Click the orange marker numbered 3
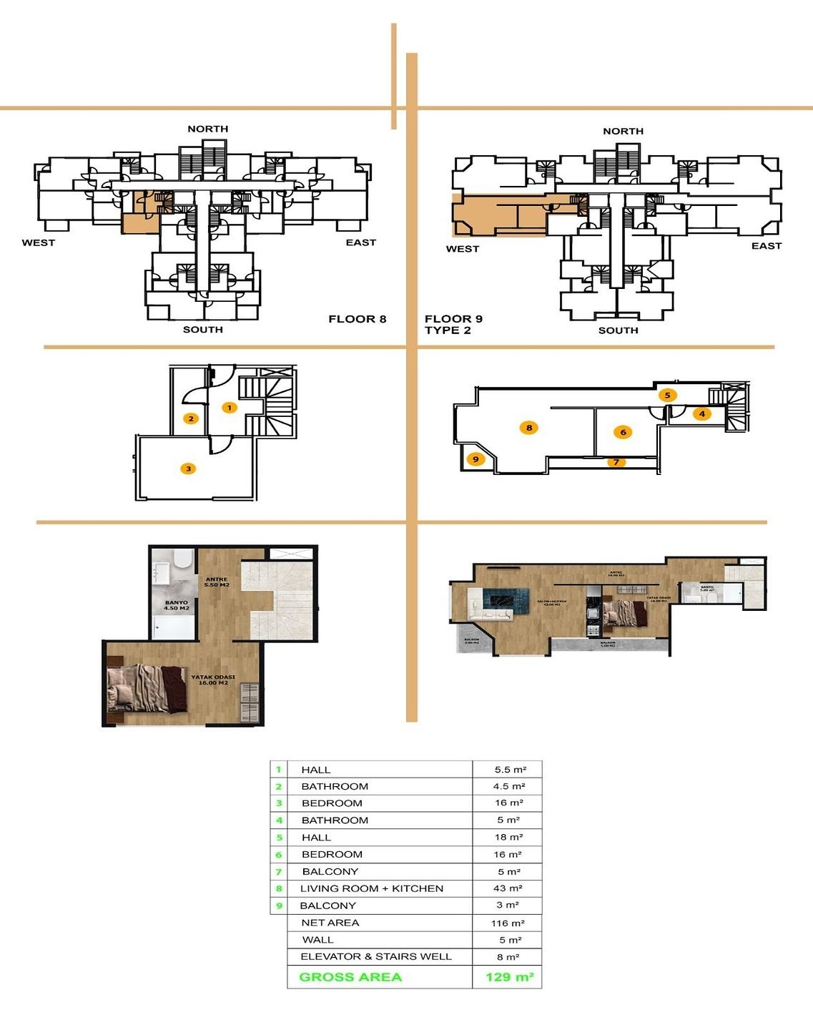click(188, 469)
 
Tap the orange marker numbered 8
click(529, 428)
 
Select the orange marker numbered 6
click(623, 432)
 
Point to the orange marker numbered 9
click(476, 459)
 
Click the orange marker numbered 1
click(229, 408)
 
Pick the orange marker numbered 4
click(702, 413)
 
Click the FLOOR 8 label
click(357, 319)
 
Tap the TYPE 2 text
click(448, 330)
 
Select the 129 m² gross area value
click(509, 977)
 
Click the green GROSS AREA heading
click(350, 977)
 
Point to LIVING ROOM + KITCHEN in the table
click(372, 888)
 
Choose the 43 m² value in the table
click(508, 888)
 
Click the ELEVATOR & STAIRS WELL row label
click(376, 956)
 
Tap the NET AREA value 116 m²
click(508, 923)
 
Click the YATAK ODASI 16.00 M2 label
click(213, 680)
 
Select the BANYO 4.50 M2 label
click(177, 605)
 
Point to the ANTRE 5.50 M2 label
click(217, 582)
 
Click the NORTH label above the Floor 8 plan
click(208, 129)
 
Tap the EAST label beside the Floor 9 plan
click(767, 245)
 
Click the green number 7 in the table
click(279, 872)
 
